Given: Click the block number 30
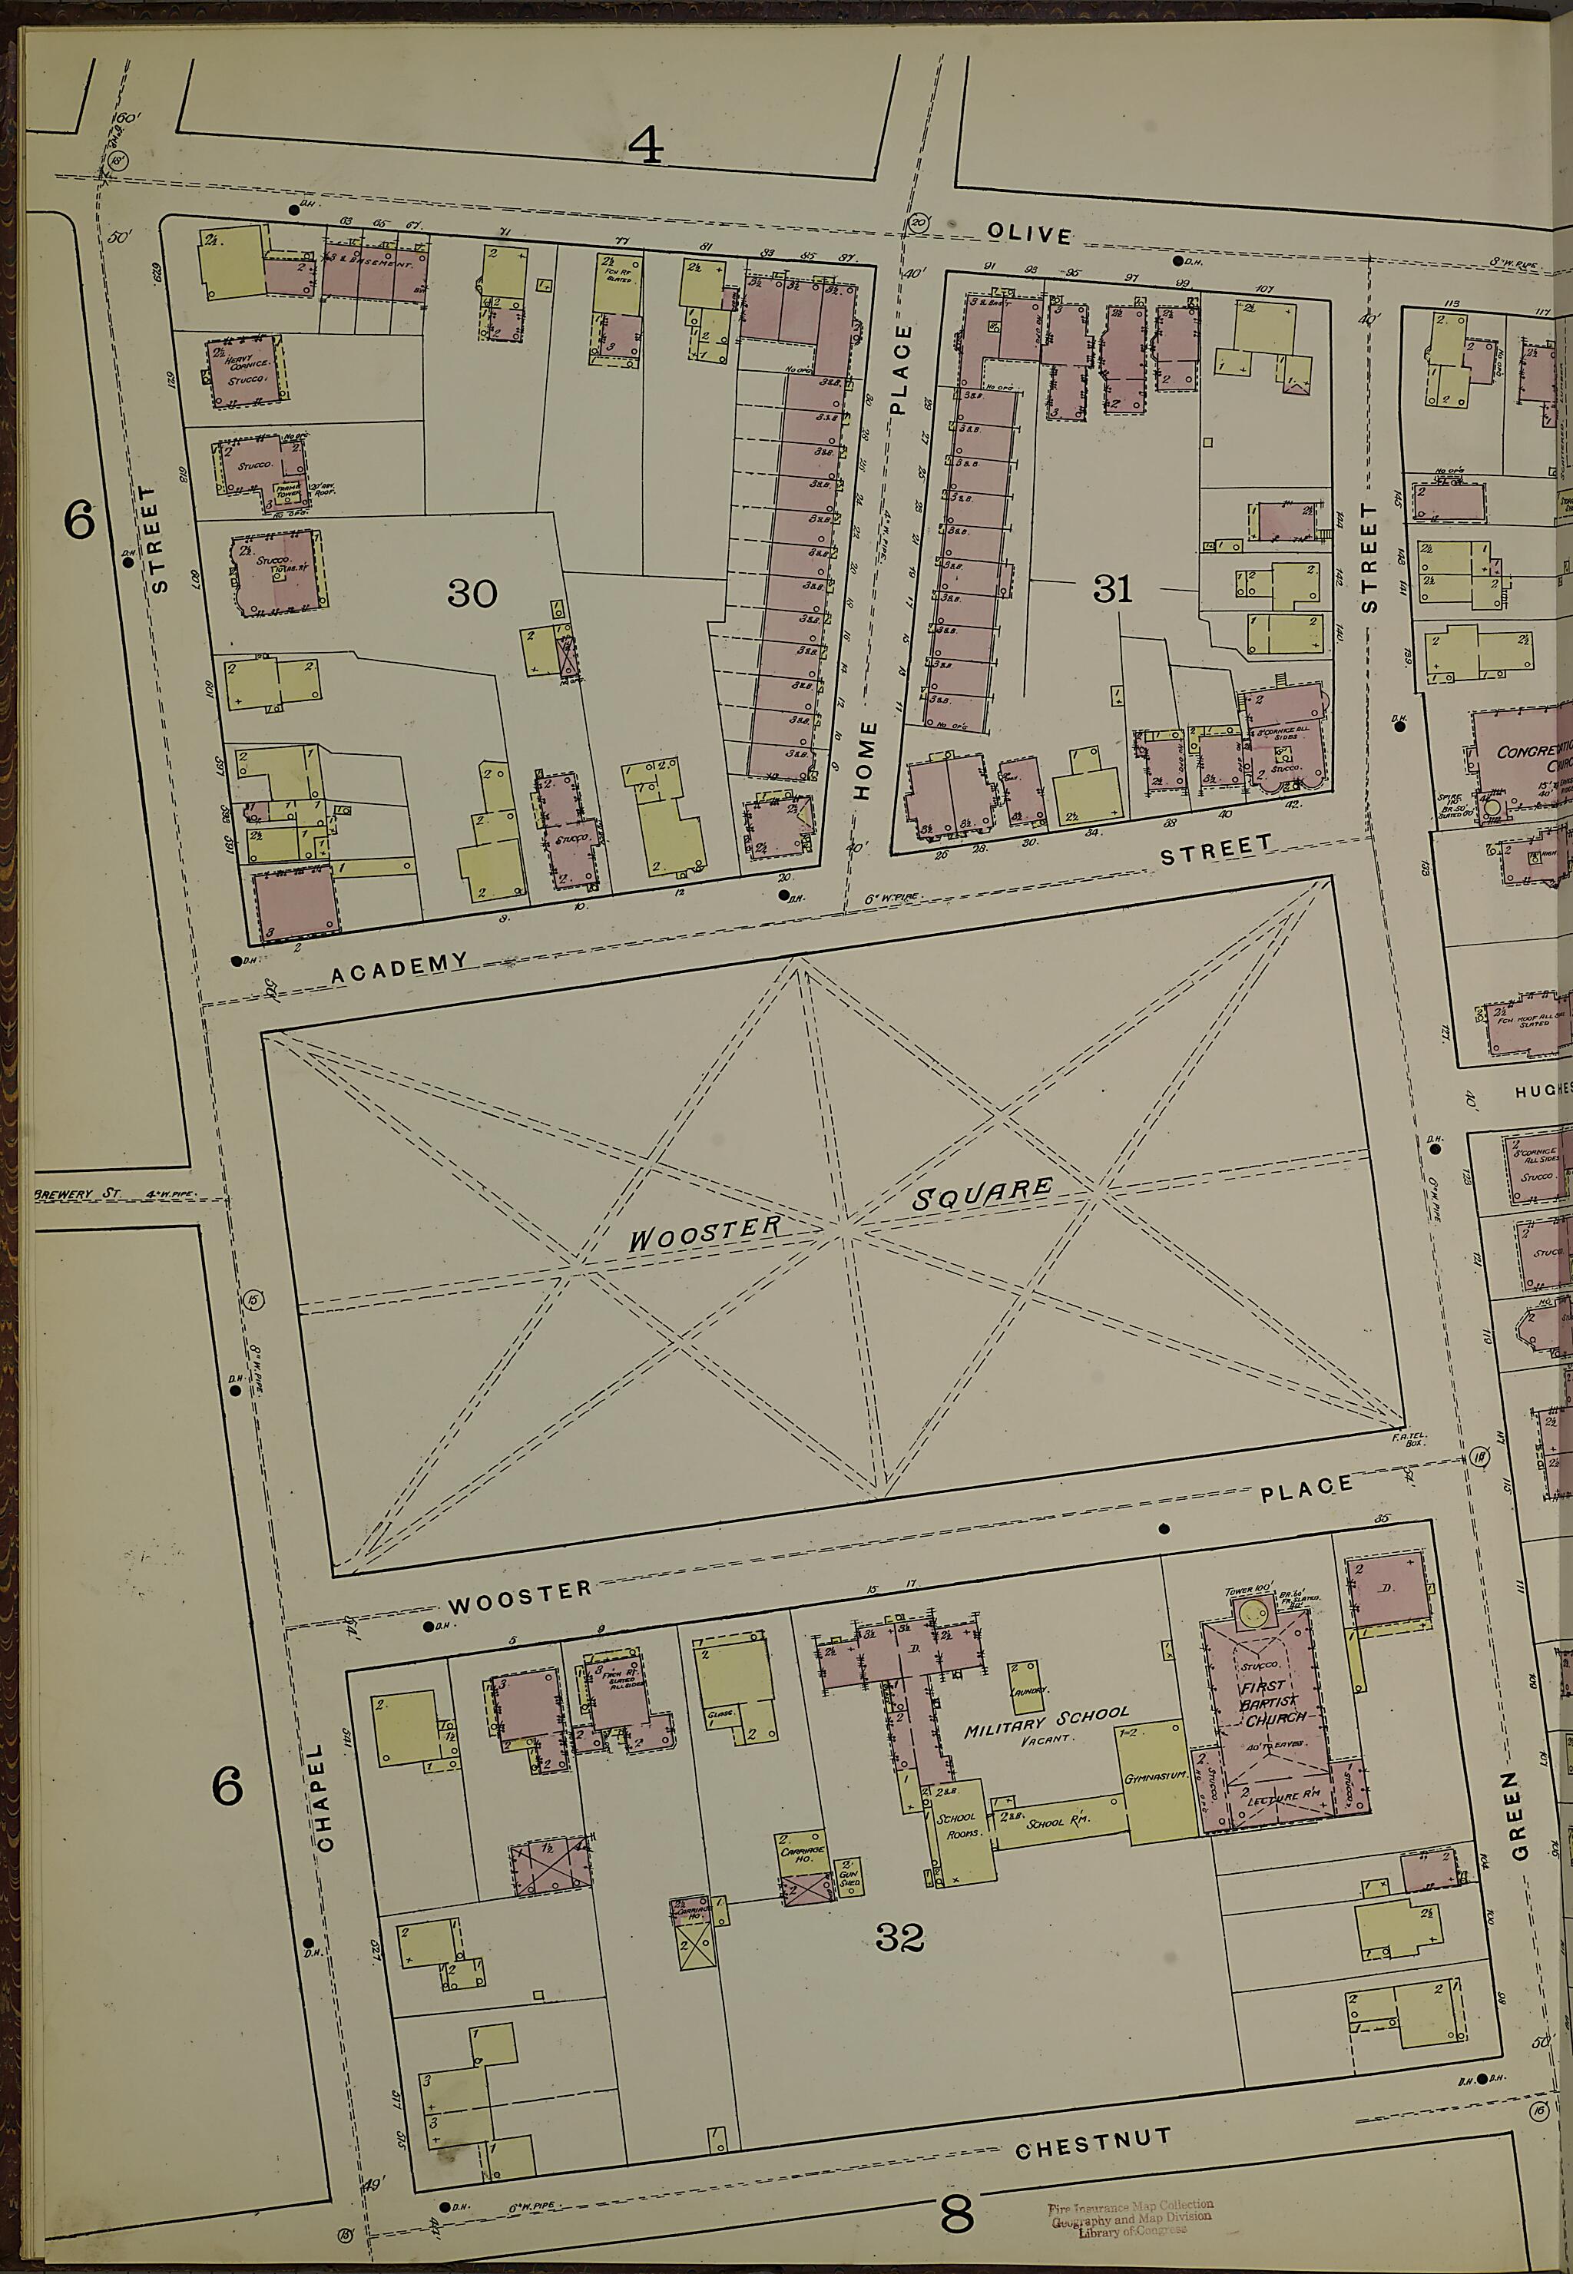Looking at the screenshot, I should [472, 593].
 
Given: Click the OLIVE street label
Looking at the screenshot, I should [1030, 234].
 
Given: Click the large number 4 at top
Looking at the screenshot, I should [646, 147].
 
